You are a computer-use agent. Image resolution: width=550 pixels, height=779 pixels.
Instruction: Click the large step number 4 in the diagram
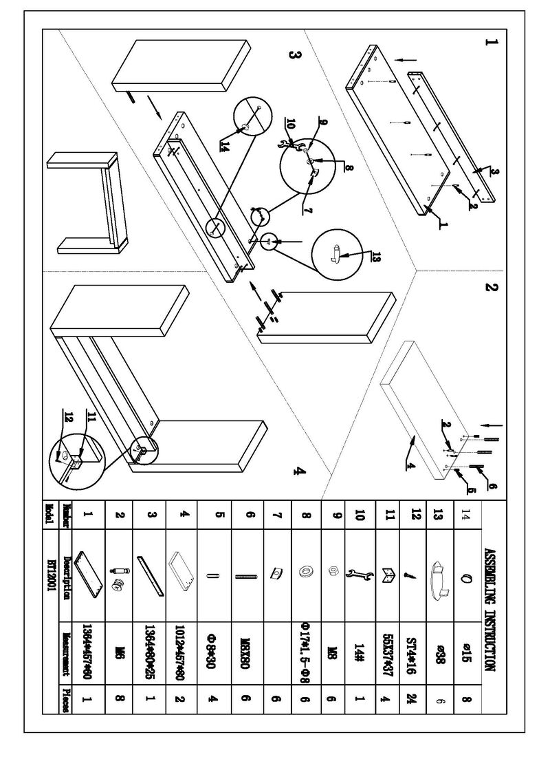click(x=297, y=471)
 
